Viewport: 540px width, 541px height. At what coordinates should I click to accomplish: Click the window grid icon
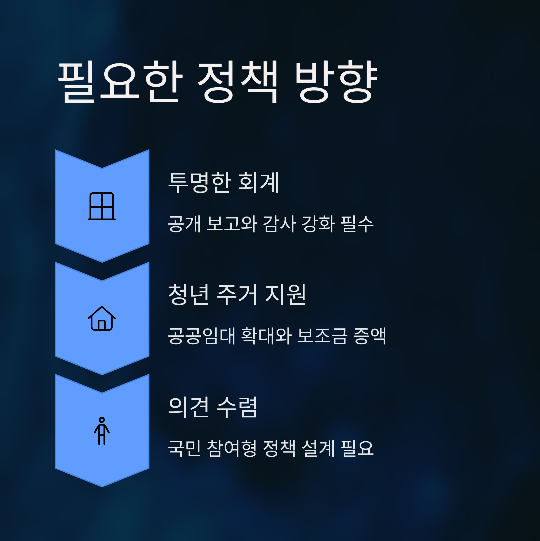coord(102,206)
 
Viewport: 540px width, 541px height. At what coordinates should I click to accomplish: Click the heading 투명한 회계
coord(223,183)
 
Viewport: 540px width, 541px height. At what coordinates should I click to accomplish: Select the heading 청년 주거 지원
coord(236,295)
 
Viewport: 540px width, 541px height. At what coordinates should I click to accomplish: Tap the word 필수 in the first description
coord(357,224)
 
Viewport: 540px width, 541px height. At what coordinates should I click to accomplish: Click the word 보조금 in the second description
coord(322,336)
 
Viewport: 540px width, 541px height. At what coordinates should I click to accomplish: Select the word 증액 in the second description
coord(369,336)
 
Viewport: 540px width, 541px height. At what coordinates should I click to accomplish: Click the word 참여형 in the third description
coord(232,448)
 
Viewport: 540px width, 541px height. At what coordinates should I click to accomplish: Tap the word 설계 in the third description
coord(318,448)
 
